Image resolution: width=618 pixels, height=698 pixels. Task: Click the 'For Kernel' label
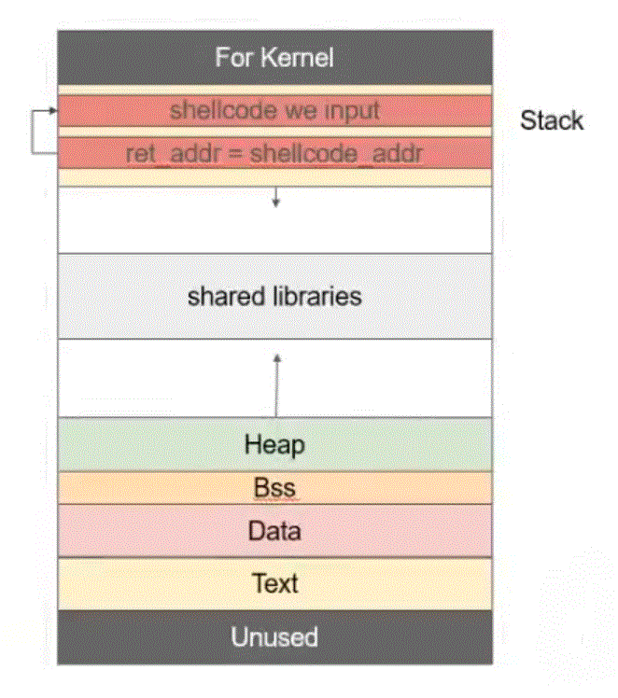coord(274,57)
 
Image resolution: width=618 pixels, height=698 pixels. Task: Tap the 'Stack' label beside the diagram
coord(552,120)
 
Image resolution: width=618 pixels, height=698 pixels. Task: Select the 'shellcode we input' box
coord(274,110)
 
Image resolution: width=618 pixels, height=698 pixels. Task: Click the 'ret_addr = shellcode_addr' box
coord(274,153)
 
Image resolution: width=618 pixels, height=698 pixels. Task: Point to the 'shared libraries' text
coord(274,297)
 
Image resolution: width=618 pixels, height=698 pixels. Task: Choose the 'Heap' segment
coord(274,444)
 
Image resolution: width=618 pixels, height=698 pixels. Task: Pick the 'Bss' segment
coord(274,488)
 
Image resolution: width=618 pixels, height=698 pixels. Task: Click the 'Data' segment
coord(274,531)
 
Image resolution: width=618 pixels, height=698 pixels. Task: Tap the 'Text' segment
coord(274,583)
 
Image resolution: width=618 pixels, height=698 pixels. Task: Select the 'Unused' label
coord(274,637)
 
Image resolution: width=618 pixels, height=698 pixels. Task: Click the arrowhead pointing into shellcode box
coord(52,111)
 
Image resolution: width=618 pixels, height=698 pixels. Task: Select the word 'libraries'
coord(314,297)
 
